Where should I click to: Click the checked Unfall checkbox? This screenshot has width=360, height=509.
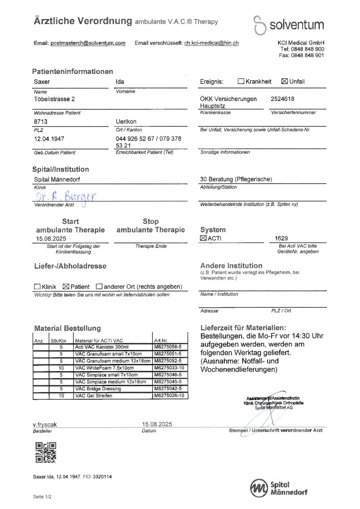(x=285, y=82)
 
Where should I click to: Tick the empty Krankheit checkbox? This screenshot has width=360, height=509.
(x=241, y=82)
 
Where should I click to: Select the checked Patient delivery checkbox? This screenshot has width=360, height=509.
(x=65, y=286)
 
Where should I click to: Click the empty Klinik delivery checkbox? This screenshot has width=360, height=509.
(x=37, y=286)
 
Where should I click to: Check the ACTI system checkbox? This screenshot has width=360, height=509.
(x=203, y=238)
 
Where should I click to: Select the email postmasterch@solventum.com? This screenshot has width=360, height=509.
(x=88, y=43)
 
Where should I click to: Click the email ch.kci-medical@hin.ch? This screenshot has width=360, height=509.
(x=211, y=43)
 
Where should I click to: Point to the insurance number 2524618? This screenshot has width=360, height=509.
(x=282, y=98)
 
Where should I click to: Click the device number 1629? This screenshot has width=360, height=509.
(x=281, y=238)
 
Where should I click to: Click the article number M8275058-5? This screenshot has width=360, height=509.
(x=168, y=347)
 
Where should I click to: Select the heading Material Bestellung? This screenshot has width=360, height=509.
(x=68, y=328)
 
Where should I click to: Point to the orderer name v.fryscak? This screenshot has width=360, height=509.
(x=45, y=425)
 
